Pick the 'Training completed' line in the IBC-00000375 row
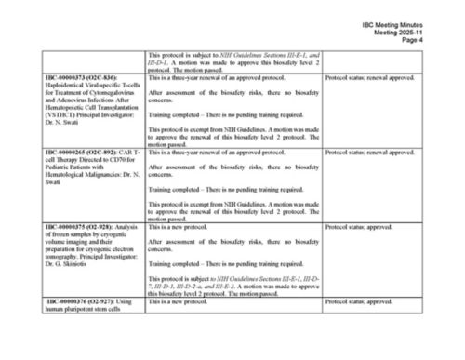point(227,263)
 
